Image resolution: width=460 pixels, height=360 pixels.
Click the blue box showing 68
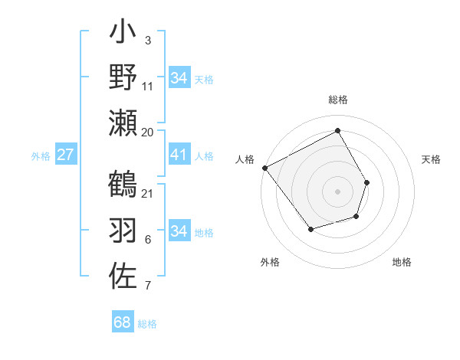(x=123, y=322)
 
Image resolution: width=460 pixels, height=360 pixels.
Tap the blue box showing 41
(x=179, y=155)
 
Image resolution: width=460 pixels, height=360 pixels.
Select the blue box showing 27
(x=65, y=155)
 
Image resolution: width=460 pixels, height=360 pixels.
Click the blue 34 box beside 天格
(x=179, y=78)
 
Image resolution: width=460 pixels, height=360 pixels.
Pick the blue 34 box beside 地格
(x=179, y=231)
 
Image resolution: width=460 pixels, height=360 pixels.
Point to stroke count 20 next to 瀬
(x=147, y=132)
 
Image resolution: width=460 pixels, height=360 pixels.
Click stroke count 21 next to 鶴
(x=147, y=193)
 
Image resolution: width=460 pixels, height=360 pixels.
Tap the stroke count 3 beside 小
(x=147, y=40)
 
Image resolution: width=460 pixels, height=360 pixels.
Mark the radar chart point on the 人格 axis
(x=264, y=168)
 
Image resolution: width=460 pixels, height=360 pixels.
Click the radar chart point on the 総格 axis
(x=337, y=131)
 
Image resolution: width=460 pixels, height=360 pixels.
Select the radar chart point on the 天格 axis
(x=367, y=182)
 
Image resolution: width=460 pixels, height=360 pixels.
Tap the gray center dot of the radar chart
(x=337, y=191)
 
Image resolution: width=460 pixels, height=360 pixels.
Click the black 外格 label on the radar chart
(x=270, y=262)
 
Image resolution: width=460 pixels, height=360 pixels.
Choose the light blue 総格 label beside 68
(x=147, y=324)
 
